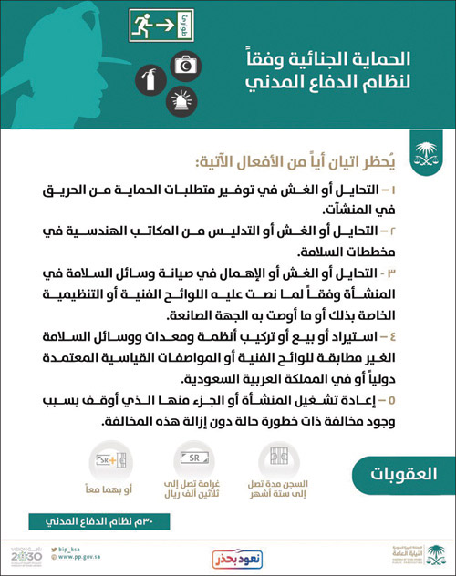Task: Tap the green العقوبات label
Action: pyautogui.click(x=401, y=474)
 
